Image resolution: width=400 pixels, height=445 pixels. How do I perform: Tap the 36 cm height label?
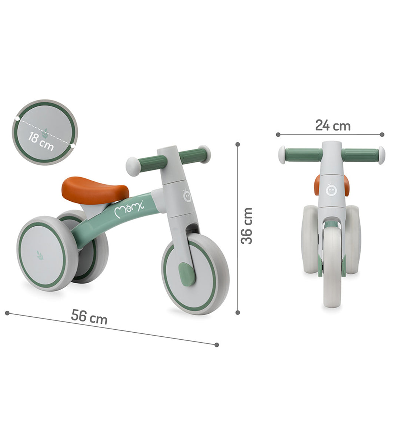[247, 226]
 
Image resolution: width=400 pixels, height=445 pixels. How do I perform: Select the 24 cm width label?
[333, 125]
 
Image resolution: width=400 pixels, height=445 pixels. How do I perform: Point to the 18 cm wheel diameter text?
[41, 141]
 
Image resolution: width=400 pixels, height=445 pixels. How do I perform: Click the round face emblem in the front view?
[331, 190]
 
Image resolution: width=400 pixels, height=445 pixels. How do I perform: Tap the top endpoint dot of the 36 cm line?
[238, 144]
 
